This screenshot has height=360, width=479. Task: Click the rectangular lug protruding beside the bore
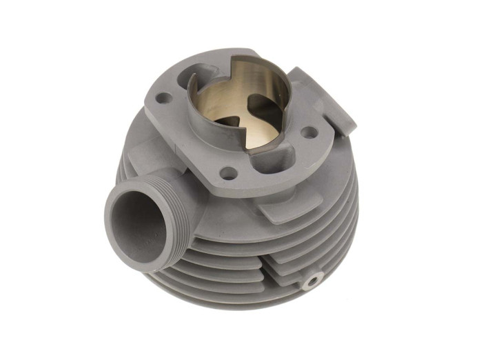point(324,97)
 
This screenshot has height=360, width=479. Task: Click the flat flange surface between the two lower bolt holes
point(269,172)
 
